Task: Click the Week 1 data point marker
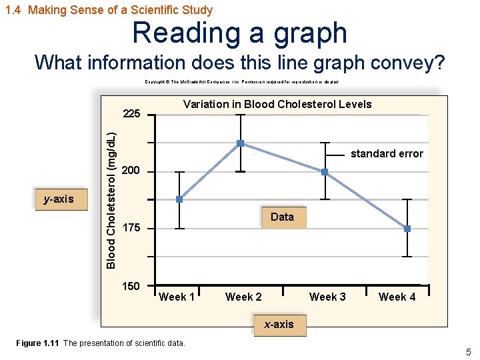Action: point(179,199)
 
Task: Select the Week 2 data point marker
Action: point(240,143)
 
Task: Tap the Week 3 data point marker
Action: point(325,172)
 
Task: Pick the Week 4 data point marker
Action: point(407,229)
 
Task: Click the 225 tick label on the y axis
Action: point(131,114)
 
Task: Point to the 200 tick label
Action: point(131,171)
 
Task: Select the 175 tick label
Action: point(131,228)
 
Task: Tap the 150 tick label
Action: point(131,286)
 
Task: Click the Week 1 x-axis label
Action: point(177,297)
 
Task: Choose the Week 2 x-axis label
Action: point(243,297)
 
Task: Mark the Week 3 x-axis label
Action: point(327,297)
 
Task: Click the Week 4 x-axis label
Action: point(397,297)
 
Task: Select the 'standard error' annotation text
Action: point(387,154)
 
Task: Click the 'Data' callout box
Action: point(282,217)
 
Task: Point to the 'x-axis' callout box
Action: point(279,325)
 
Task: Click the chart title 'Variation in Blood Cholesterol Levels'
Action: point(277,104)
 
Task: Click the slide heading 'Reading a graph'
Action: point(239,33)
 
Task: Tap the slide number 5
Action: point(469,352)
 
